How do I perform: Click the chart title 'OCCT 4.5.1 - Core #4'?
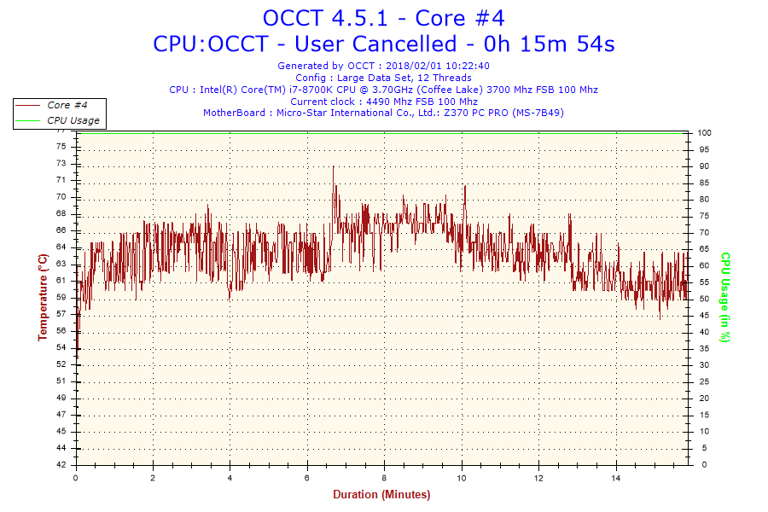point(383,17)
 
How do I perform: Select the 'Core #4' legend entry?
point(68,105)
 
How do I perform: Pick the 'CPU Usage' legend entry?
point(73,120)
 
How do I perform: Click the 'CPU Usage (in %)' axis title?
point(724,297)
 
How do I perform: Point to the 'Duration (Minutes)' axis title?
point(381,494)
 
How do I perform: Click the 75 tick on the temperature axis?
point(61,147)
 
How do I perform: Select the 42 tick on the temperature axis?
point(61,465)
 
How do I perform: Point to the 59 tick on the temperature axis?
point(61,298)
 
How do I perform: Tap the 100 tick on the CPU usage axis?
point(705,133)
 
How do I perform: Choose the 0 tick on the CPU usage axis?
point(701,465)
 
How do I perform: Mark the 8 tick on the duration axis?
point(385,478)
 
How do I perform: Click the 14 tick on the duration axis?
point(616,478)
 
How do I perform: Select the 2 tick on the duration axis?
point(153,478)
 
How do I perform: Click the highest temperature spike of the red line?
point(333,166)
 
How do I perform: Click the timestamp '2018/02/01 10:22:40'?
point(438,66)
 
